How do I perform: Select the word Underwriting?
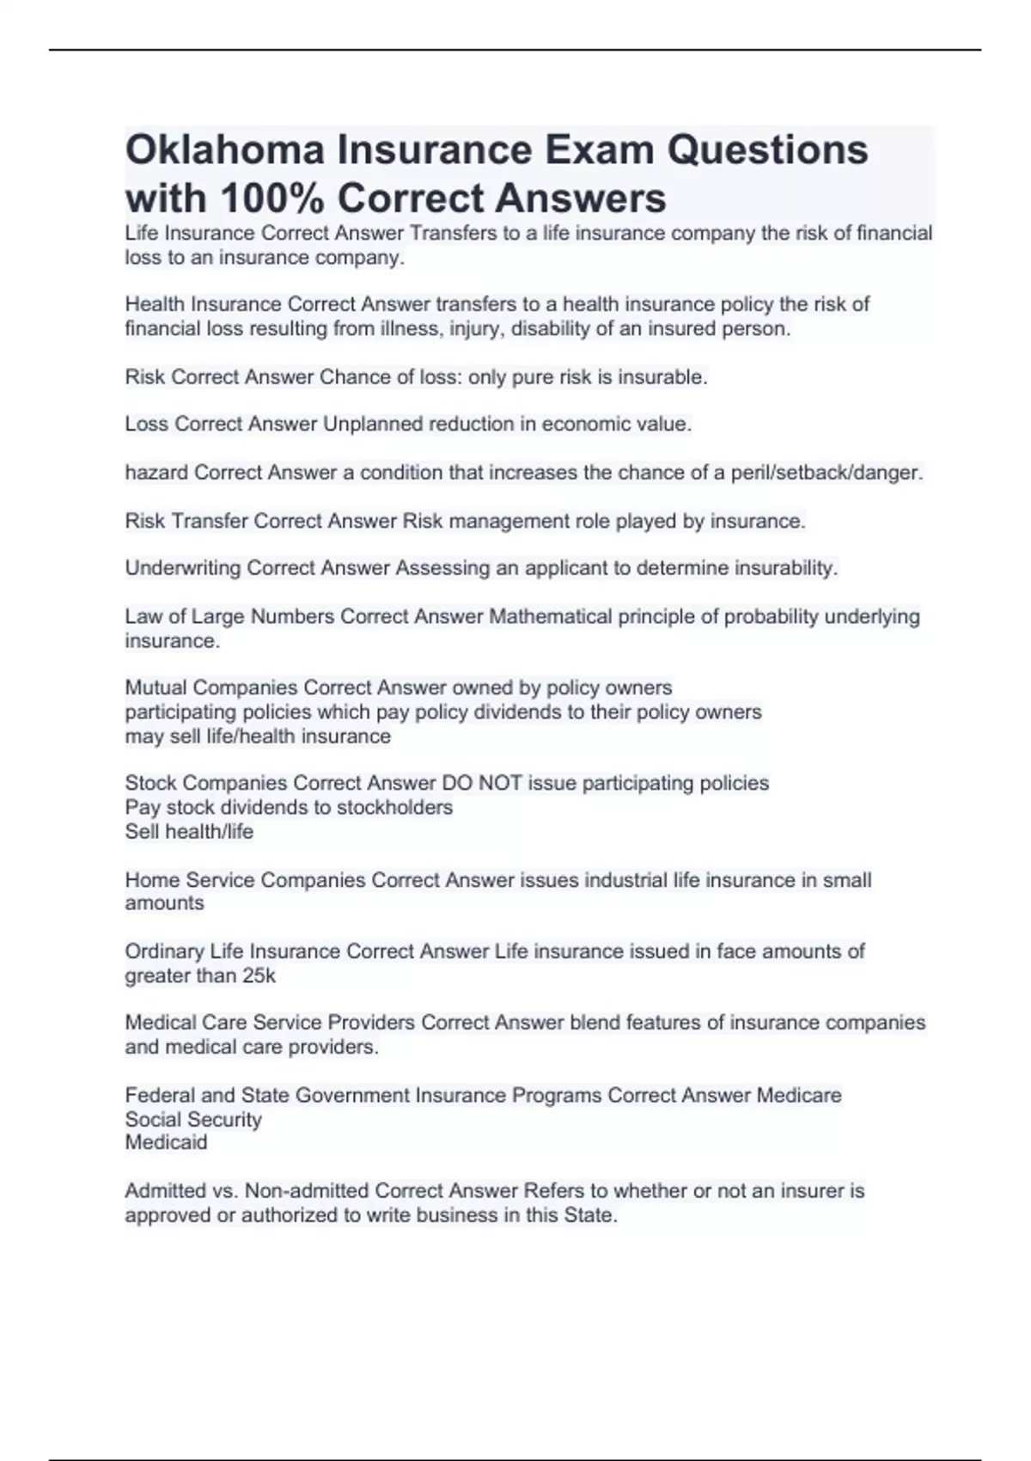click(183, 568)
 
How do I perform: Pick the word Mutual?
click(156, 688)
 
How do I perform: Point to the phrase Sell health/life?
click(189, 832)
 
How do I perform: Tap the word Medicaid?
click(166, 1143)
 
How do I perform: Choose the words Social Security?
click(193, 1120)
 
